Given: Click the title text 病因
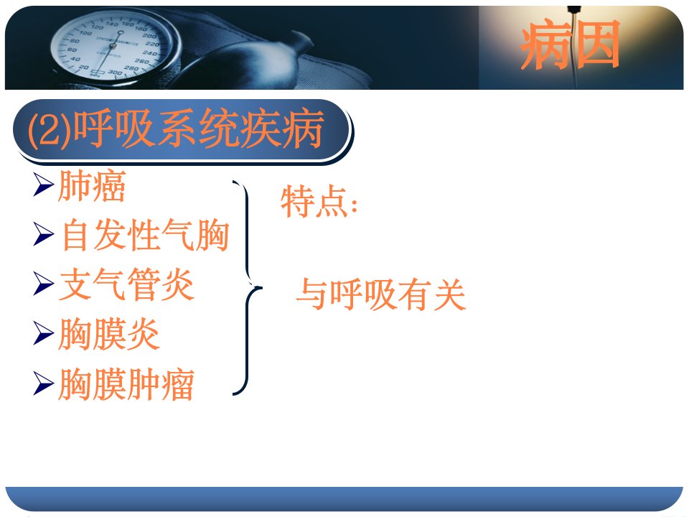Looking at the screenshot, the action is [570, 45].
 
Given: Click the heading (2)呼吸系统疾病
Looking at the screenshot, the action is [176, 129].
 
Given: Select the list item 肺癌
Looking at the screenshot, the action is [92, 186].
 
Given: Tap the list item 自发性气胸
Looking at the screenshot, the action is [146, 236].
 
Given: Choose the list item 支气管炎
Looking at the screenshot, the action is [126, 284].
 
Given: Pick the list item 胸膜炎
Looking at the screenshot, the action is [109, 334].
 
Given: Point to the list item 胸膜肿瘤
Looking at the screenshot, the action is [126, 383].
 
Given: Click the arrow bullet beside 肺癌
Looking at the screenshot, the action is [44, 185].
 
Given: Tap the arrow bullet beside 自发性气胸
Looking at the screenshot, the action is [44, 234].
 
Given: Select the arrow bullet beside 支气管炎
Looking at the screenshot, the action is [44, 284].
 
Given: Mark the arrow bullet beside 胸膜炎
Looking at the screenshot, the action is [44, 333].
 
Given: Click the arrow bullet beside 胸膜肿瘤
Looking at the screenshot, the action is [44, 383].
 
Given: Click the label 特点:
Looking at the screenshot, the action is [319, 201].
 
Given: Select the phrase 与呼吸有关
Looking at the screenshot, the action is [381, 294].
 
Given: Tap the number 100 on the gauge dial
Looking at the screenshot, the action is [85, 33].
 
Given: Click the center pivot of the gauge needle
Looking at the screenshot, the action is [113, 46].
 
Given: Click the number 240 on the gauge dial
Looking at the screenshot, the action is [149, 53].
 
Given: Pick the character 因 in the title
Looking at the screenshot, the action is [596, 45].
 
